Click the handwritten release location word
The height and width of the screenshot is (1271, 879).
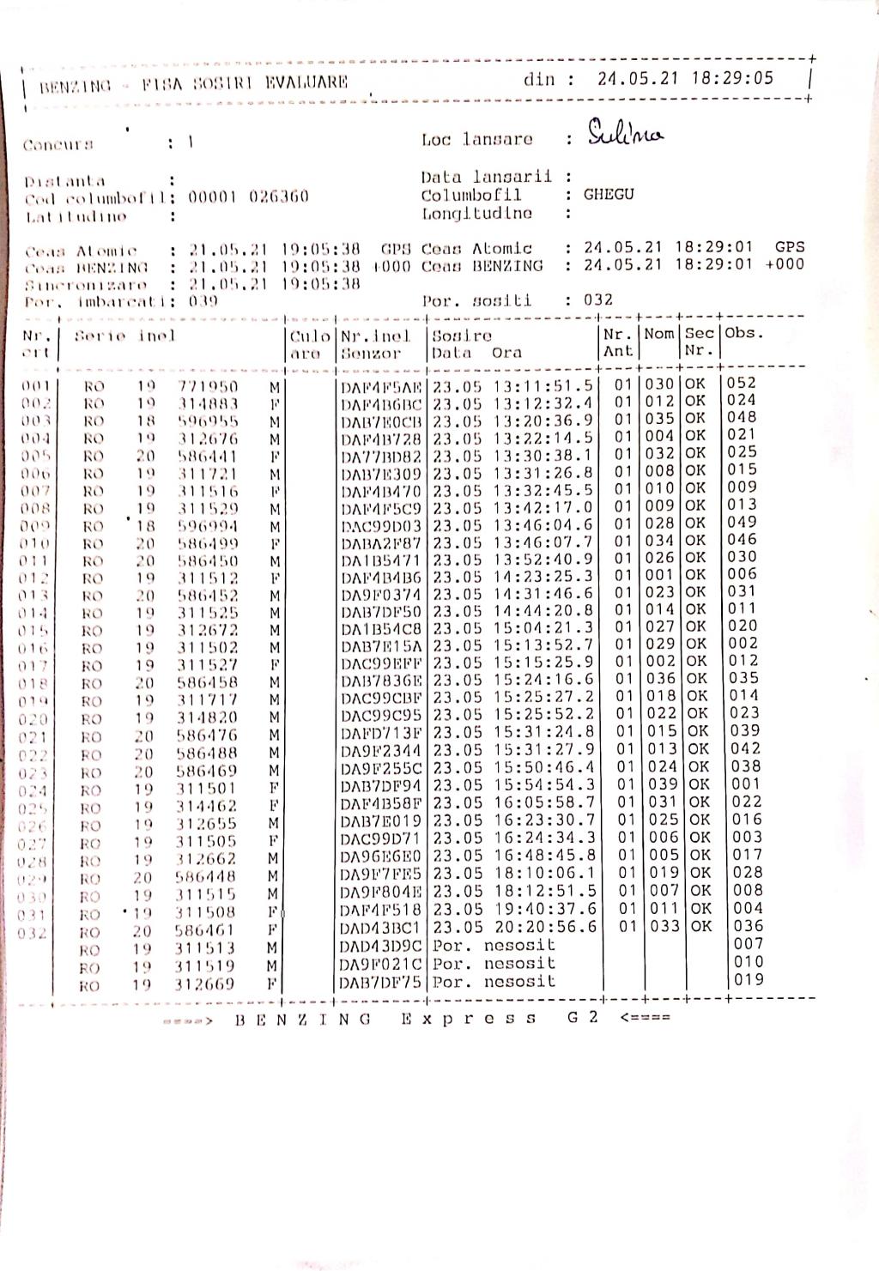(625, 134)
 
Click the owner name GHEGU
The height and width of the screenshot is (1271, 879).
(609, 194)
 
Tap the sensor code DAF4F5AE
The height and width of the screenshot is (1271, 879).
(381, 387)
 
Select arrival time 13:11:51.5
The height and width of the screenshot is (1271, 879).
(543, 386)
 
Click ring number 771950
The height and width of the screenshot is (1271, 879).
(208, 387)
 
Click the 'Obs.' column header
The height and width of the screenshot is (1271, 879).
(743, 333)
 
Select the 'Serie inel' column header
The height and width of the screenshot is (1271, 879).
(124, 336)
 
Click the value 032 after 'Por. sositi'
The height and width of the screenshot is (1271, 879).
(598, 300)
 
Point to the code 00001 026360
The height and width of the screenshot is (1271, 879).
(248, 197)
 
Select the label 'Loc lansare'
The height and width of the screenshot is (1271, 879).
(476, 139)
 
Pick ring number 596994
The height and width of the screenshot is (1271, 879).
(208, 526)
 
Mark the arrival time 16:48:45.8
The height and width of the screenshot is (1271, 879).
(543, 855)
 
